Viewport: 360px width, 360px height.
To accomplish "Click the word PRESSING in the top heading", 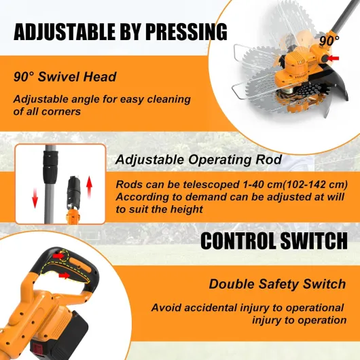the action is (186, 32).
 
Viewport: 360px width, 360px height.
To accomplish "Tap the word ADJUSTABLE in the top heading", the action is (65, 32).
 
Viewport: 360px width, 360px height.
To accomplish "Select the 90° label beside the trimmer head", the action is (329, 41).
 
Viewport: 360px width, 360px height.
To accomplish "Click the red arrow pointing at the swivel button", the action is (333, 58).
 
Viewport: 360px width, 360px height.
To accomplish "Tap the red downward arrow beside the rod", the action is (35, 198).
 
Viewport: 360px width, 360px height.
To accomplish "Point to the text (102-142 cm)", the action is (315, 184).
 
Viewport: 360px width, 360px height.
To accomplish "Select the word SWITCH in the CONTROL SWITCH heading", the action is (314, 241).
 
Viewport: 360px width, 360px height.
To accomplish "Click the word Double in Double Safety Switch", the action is (232, 284).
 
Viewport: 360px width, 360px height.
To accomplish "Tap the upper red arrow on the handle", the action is (59, 255).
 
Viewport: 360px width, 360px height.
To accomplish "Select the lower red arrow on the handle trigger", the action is (65, 275).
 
